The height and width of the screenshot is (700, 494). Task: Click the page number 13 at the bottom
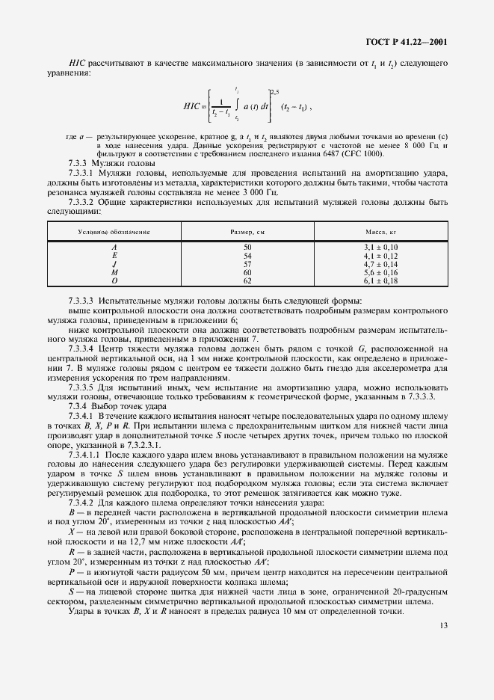point(443,625)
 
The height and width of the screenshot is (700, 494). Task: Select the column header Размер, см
point(247,233)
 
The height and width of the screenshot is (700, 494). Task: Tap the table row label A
point(114,246)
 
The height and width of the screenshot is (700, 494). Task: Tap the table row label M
point(114,273)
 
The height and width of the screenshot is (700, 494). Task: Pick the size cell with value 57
point(247,264)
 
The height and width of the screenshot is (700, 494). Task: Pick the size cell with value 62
point(247,282)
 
